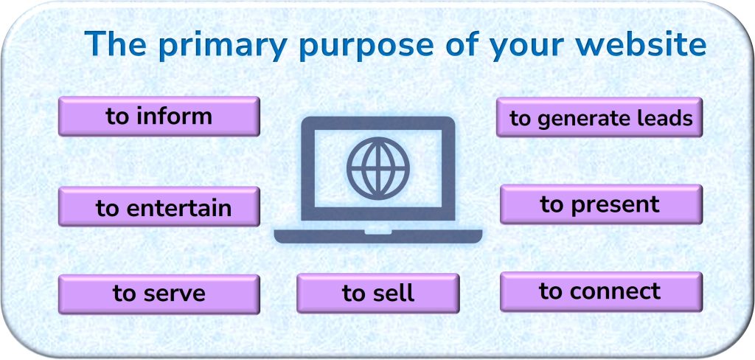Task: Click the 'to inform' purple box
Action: coord(159,117)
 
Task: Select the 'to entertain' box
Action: coord(159,207)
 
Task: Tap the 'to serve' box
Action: coord(159,294)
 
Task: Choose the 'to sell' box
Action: coord(377,293)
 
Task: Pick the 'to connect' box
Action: coord(600,291)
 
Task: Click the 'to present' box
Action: coord(600,204)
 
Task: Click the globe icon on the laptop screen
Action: coord(377,168)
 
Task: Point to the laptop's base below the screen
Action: coord(377,236)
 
